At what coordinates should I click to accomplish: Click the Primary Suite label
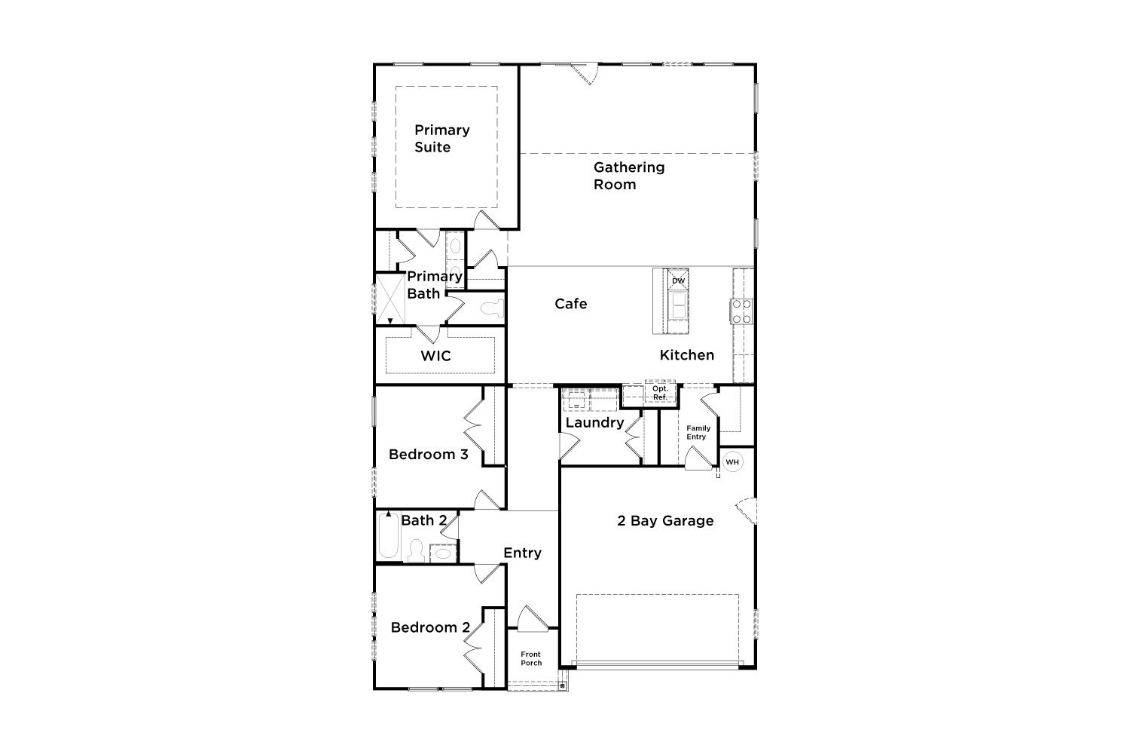442,139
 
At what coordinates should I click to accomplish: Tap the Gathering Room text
628,176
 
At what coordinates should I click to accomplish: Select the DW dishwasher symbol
679,280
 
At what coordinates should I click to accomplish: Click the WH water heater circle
732,462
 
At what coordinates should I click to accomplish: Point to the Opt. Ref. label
660,393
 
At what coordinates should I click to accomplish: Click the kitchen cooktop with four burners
742,311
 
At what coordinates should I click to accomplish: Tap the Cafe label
570,304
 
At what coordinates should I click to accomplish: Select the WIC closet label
435,356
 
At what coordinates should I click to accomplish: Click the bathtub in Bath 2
389,536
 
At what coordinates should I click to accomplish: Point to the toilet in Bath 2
416,551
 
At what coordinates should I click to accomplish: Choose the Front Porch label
530,658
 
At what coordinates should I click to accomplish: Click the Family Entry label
698,432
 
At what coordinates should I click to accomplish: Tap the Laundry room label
594,423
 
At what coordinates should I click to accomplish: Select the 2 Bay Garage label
665,521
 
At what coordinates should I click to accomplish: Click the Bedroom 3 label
429,455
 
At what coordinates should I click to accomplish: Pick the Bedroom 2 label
430,627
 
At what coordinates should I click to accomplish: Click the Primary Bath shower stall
390,299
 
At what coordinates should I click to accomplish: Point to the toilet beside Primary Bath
493,308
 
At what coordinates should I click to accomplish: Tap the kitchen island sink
678,305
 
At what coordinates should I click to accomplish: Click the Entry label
522,553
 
